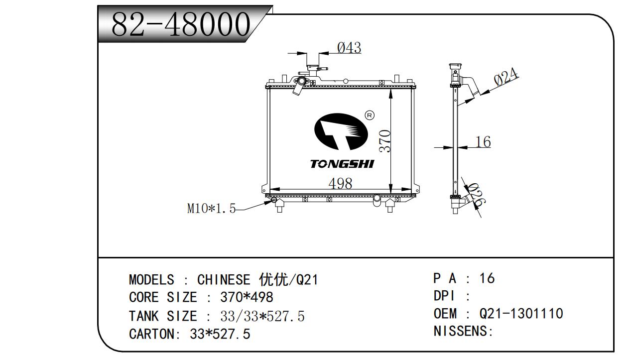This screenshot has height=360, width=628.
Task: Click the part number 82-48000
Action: point(180,24)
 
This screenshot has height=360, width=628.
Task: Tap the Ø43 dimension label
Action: point(349,48)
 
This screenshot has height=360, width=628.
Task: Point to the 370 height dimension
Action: point(384,141)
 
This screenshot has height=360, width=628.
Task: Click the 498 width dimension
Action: point(340,183)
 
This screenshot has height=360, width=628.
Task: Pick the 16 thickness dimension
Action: point(483,142)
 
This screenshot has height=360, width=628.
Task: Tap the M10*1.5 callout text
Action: point(211,209)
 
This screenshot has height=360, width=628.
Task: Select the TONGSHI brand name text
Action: point(342,164)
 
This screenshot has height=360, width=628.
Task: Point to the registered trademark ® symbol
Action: point(370,115)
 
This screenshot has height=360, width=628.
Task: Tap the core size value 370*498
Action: point(247,298)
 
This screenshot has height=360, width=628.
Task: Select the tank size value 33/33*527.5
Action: point(262,316)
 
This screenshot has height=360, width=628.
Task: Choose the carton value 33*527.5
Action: point(220,334)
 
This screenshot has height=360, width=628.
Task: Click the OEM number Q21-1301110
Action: point(521,314)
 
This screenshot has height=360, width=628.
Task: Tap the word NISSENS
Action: point(463,331)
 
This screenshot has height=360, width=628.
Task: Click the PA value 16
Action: point(487,278)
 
